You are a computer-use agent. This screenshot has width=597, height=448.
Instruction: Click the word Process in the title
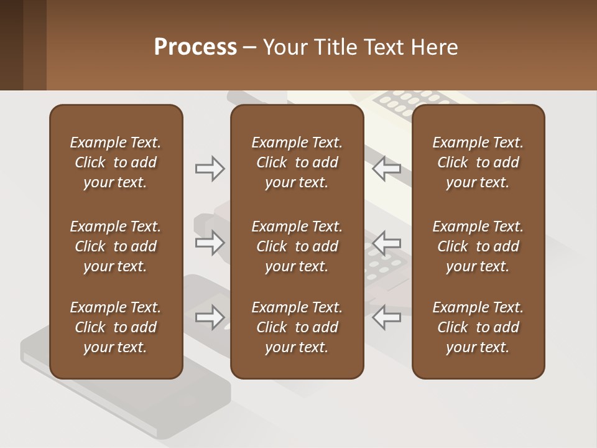coord(195,47)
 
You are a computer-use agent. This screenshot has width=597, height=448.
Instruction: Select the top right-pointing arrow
coord(210,169)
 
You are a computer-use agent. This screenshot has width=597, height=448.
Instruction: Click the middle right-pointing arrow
coord(210,243)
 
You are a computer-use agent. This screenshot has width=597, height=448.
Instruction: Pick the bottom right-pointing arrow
coord(210,317)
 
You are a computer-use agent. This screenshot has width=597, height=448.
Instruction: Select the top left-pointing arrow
coord(387,169)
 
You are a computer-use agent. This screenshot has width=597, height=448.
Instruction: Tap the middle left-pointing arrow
coord(387,243)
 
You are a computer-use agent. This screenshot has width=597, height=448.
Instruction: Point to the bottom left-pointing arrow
coord(387,317)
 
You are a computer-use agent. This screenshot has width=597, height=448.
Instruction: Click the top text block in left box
coord(116,162)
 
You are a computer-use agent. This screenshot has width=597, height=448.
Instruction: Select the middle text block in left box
coord(116,246)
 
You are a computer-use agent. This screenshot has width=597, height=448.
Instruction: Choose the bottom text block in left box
coord(116,327)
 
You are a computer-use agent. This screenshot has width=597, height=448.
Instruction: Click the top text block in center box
coord(297,162)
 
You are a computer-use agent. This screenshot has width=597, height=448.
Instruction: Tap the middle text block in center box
coord(297,246)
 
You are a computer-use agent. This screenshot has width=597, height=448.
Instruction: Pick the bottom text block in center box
coord(297,327)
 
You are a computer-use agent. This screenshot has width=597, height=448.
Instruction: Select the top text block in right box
coord(478,162)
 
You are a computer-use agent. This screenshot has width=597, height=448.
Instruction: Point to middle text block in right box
coord(478,246)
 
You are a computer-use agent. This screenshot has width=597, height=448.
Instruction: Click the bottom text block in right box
coord(478,327)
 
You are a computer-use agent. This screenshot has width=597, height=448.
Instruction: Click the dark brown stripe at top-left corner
coord(11,45)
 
